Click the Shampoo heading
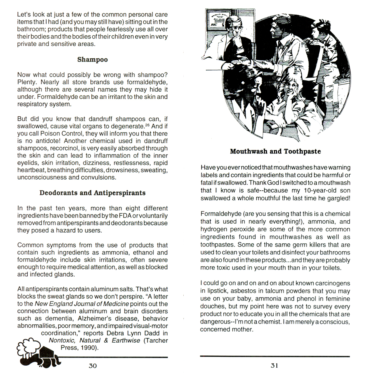92,59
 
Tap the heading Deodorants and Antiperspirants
92,193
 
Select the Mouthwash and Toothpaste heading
275,151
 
